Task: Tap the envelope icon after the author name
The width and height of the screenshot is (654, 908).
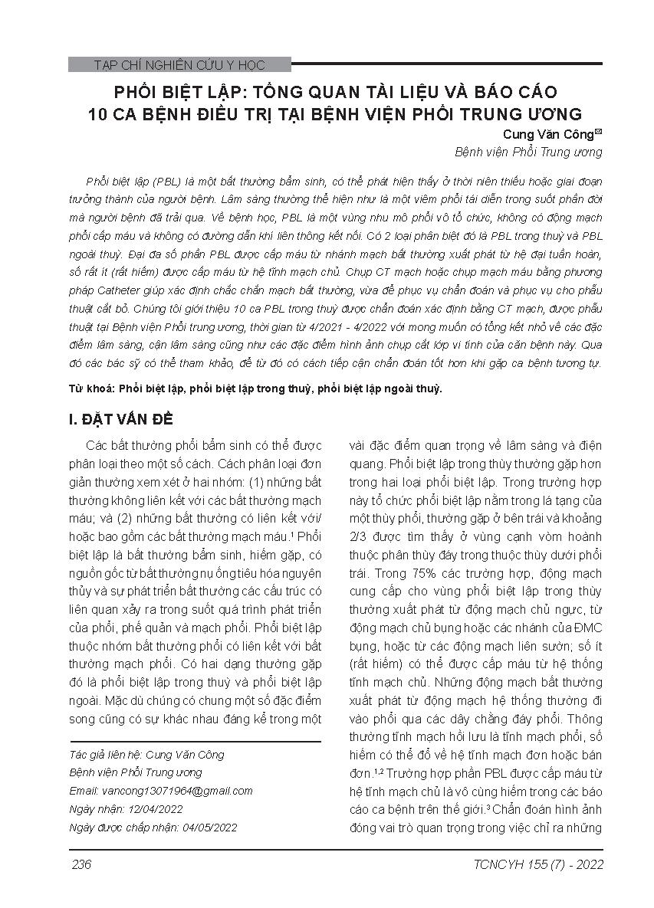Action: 599,133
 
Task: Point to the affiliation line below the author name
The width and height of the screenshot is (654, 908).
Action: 528,152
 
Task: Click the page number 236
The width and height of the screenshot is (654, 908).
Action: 81,864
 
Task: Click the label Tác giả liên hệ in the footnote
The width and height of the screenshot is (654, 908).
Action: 100,755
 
